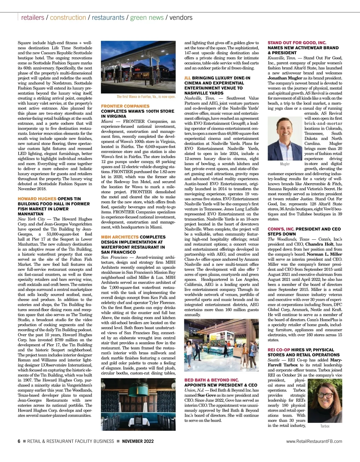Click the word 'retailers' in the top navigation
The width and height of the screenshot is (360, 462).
(x=33, y=17)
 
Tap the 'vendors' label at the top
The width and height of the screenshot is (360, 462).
(x=181, y=17)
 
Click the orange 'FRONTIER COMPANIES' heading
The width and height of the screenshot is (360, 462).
(x=125, y=106)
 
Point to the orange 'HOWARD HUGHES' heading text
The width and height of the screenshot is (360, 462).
(x=37, y=199)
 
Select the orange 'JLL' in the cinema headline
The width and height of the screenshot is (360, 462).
(x=187, y=78)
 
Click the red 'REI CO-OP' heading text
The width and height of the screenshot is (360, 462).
(x=279, y=350)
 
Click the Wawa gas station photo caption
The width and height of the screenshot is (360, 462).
(x=146, y=97)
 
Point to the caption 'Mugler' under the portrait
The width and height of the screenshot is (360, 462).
(x=285, y=164)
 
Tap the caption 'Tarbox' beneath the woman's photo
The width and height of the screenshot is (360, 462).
(x=325, y=426)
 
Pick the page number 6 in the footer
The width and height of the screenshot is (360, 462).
(x=19, y=441)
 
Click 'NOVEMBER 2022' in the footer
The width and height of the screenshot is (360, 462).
(x=138, y=441)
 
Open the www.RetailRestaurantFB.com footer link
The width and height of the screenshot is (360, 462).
(x=314, y=441)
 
